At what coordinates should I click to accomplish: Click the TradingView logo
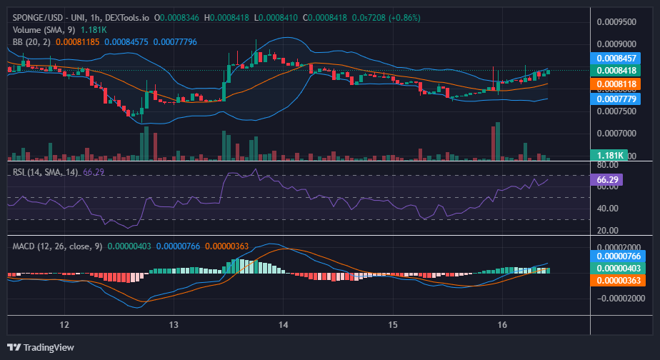coord(41,347)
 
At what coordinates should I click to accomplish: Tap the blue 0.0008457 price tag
coord(616,58)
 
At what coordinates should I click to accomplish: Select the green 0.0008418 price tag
coord(616,70)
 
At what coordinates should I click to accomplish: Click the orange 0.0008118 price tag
coord(616,84)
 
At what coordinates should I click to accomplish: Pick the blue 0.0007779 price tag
coord(616,99)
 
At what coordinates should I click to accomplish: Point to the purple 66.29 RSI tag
coord(606,180)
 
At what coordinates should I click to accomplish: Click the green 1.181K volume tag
coord(609,156)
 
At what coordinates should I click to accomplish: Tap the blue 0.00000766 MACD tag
coord(618,256)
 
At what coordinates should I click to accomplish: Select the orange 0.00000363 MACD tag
coord(618,281)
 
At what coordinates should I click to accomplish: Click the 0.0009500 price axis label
coord(616,22)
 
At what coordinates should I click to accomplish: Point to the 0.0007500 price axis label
coord(616,111)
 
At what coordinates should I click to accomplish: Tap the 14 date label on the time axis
coord(284,324)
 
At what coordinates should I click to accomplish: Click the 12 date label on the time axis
coord(64,324)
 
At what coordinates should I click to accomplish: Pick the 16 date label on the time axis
coord(502,324)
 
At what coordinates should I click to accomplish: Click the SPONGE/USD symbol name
coord(37,18)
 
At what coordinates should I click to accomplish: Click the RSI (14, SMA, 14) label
coord(46,172)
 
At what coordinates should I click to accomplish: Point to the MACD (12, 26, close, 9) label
coord(57,246)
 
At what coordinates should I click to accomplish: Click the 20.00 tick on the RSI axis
coord(608,230)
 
